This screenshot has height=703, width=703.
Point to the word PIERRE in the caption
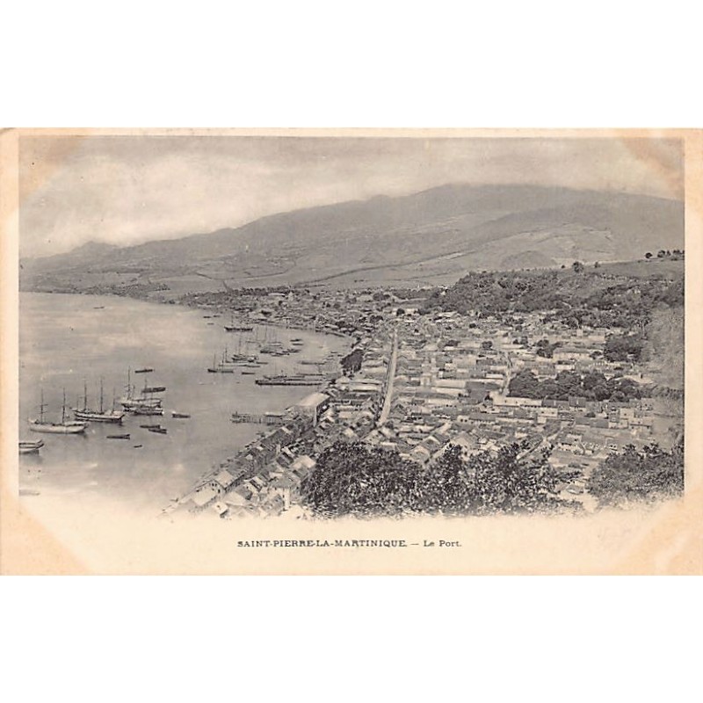click(x=294, y=544)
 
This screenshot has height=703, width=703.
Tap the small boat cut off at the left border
click(x=29, y=446)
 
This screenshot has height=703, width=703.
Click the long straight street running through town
click(x=388, y=378)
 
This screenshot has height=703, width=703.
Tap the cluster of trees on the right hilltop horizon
click(x=663, y=255)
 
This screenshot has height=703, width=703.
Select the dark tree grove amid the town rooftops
click(x=571, y=384)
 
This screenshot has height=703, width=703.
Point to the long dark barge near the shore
click(x=288, y=380)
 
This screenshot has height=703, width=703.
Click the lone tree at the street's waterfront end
click(x=352, y=359)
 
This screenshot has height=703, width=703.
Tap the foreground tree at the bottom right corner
click(x=637, y=475)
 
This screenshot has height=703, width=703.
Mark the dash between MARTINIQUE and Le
click(x=415, y=544)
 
